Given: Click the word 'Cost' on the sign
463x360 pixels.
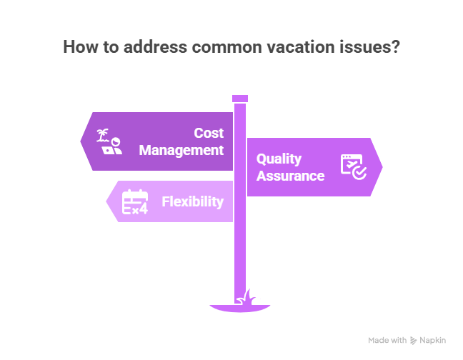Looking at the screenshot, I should (209, 133).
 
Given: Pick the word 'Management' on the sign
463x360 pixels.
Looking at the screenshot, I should (181, 150).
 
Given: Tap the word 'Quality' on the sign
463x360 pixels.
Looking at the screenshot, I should (279, 159).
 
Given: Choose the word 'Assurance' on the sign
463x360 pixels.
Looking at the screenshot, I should (291, 176).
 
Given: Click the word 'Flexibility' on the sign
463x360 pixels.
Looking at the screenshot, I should (193, 201).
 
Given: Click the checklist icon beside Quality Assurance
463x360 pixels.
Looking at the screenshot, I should (353, 166).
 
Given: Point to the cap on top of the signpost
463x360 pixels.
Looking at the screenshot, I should (240, 98).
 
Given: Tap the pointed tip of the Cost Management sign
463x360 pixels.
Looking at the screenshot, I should (81, 141).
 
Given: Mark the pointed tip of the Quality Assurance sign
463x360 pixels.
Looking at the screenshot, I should (382, 167).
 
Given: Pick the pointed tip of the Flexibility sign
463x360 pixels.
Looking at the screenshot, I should (107, 202).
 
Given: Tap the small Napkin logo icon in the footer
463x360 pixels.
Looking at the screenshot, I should (412, 341).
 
